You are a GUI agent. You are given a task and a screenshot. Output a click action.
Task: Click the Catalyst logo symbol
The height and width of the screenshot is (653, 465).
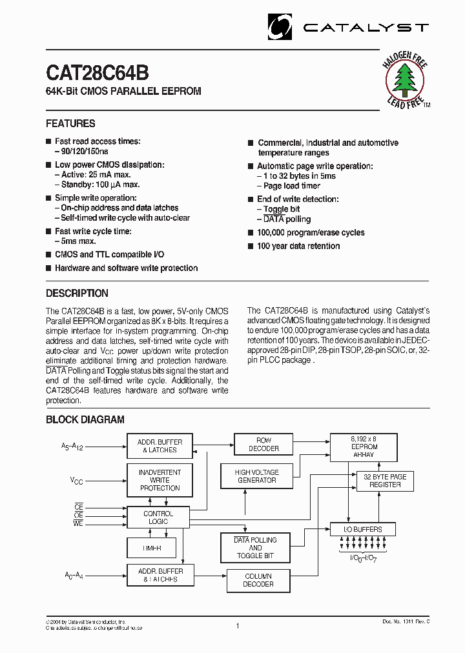(x=280, y=26)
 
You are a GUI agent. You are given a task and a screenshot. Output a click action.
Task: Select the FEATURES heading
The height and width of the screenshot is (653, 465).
(x=70, y=123)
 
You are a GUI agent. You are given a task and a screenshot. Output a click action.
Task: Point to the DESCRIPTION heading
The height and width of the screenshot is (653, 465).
(x=77, y=293)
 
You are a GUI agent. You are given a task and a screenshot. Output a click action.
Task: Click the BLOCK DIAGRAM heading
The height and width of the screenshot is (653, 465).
(x=85, y=419)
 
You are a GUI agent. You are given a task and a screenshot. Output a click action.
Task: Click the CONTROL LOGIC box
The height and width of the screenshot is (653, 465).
(x=158, y=517)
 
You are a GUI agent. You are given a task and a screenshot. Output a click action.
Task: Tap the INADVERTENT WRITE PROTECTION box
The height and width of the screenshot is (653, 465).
(x=160, y=480)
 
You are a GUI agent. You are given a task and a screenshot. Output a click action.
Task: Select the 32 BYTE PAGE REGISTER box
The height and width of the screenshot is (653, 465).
(x=384, y=481)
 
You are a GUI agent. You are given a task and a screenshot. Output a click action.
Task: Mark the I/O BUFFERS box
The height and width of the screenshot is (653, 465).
(x=362, y=529)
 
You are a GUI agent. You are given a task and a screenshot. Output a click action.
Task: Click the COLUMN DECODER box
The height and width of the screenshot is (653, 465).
(x=258, y=580)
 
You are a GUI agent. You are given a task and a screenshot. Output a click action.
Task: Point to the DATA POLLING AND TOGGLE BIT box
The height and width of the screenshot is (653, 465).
(x=254, y=548)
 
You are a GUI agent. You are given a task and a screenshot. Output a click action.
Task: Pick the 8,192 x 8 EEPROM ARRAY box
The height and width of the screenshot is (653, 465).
(x=364, y=447)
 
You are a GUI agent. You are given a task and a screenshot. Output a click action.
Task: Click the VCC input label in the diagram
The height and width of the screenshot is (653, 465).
(x=77, y=481)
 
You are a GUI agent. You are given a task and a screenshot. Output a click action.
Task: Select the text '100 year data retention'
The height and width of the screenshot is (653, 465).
(x=298, y=246)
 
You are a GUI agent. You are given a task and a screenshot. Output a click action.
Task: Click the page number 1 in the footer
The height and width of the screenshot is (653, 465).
(x=238, y=625)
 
